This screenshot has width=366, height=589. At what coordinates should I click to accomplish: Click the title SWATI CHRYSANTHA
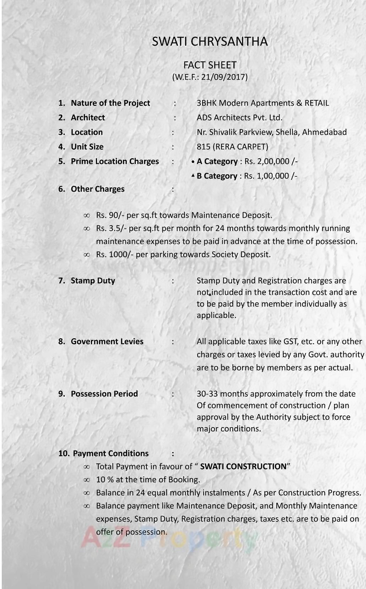[210, 42]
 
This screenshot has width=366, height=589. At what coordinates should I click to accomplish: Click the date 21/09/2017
[223, 77]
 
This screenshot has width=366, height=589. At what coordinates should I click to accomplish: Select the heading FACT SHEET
[210, 65]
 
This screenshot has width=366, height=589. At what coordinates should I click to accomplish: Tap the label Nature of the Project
[110, 103]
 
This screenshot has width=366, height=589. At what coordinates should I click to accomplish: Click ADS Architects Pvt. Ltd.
[239, 118]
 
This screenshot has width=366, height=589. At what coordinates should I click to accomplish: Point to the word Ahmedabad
[324, 132]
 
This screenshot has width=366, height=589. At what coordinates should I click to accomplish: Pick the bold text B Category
[217, 176]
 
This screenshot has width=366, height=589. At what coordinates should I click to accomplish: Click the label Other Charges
[97, 189]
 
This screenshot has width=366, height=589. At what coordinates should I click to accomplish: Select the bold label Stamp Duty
[93, 281]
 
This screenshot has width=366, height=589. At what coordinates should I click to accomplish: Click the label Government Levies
[107, 341]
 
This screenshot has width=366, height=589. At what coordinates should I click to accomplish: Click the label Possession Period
[104, 394]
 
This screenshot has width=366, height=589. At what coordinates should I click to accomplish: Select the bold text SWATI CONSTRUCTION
[243, 467]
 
